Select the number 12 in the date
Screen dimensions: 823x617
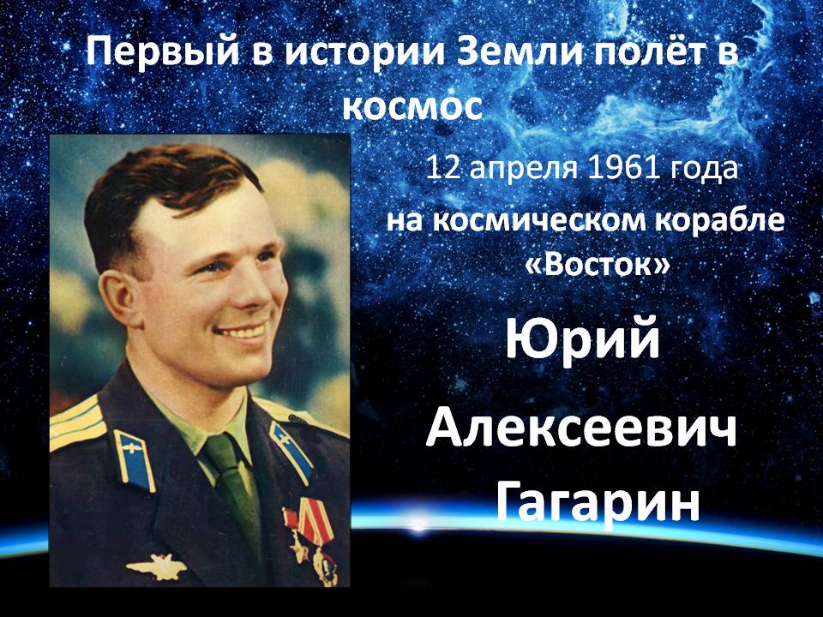pyautogui.click(x=444, y=169)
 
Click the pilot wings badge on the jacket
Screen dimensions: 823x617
pyautogui.click(x=156, y=566)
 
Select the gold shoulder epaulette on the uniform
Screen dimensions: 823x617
pyautogui.click(x=77, y=423)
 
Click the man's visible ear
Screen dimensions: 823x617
pyautogui.click(x=117, y=297)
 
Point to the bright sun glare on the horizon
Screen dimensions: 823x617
pyautogui.click(x=418, y=524)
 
